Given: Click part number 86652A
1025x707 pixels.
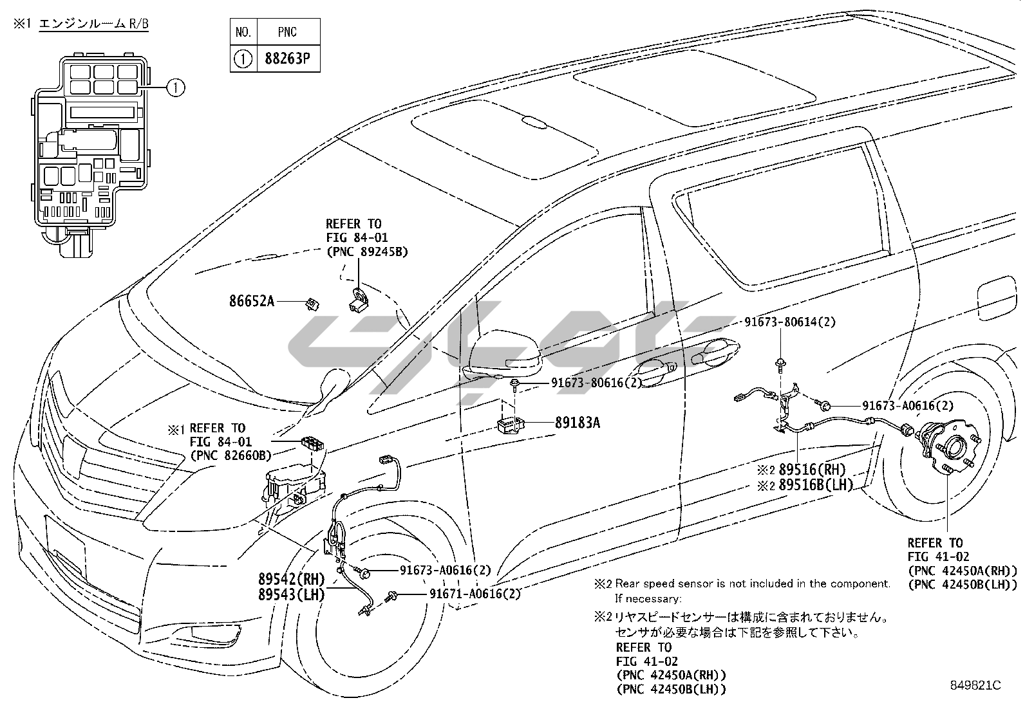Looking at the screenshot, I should click(x=252, y=300).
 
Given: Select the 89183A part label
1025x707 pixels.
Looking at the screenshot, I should click(x=578, y=423).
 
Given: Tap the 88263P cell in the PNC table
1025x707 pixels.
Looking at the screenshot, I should click(x=287, y=59).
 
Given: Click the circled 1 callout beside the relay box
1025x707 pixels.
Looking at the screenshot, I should click(x=175, y=87).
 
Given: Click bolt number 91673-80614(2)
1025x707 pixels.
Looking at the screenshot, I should click(x=790, y=322).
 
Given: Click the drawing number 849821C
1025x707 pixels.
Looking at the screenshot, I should click(x=976, y=684).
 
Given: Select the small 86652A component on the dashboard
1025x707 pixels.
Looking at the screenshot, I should click(x=313, y=302).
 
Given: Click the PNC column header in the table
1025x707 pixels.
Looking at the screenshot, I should click(x=287, y=31).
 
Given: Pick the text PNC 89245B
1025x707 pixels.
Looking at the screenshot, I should click(x=367, y=252).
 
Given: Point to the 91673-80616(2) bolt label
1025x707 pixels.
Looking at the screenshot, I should click(x=596, y=383).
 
